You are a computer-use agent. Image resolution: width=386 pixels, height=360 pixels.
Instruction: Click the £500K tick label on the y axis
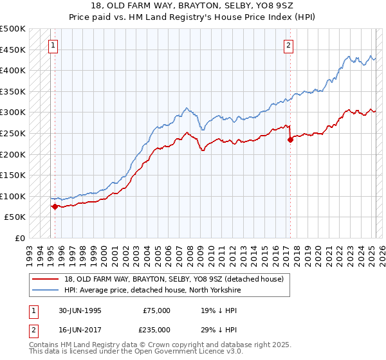point(13,29)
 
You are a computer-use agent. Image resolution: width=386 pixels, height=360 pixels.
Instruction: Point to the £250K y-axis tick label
point(13,133)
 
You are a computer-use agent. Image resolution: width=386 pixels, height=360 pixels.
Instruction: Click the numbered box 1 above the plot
point(52,45)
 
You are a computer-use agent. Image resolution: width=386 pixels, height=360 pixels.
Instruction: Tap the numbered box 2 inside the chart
point(289,45)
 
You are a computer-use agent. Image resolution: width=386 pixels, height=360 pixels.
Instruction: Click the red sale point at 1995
point(55,206)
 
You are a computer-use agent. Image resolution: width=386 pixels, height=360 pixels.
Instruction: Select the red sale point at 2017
point(290,139)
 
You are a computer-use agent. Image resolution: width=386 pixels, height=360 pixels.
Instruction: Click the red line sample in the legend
point(46,278)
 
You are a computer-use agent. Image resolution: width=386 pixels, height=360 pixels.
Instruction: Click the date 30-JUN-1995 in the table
point(80,310)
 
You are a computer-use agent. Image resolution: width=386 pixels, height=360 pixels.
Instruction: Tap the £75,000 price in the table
point(157,310)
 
